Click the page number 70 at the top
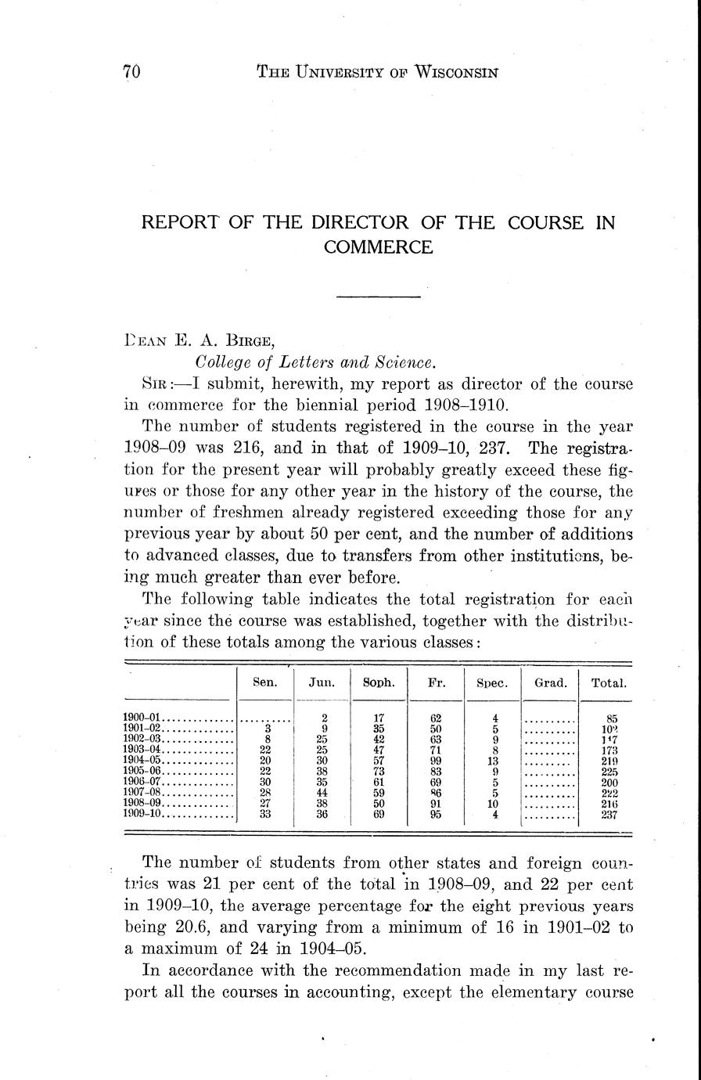[x=131, y=73]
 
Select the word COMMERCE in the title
[x=378, y=247]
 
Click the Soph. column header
[x=379, y=682]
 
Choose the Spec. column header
[x=492, y=683]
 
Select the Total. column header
[x=609, y=682]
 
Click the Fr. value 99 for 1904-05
[x=436, y=759]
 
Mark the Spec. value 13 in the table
[x=493, y=759]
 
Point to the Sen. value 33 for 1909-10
[x=266, y=814]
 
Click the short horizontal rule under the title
[x=378, y=297]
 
